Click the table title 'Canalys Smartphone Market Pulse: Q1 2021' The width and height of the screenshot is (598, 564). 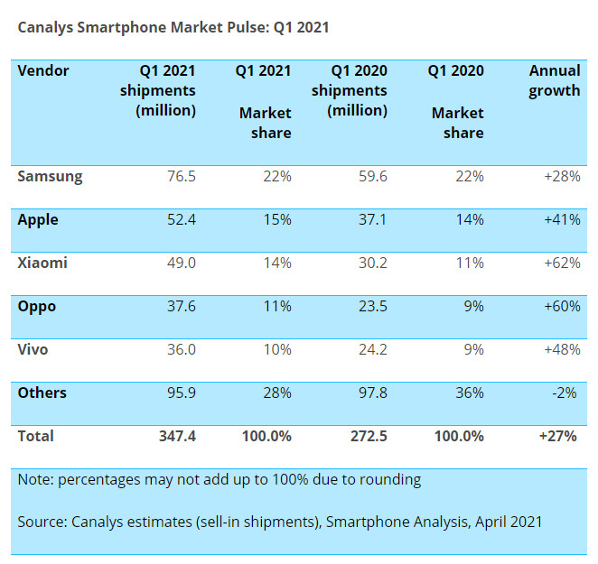pyautogui.click(x=173, y=27)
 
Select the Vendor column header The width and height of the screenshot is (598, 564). pyautogui.click(x=43, y=71)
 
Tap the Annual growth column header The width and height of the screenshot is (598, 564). pyautogui.click(x=554, y=81)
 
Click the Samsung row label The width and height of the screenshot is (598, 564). pyautogui.click(x=50, y=177)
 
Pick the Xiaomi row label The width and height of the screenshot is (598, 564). pyautogui.click(x=42, y=264)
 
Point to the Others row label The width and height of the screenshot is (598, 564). pyautogui.click(x=42, y=393)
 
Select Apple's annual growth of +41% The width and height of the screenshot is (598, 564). pyautogui.click(x=562, y=220)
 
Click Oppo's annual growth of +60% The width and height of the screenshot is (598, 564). pyautogui.click(x=562, y=307)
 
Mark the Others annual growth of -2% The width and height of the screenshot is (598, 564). pyautogui.click(x=566, y=393)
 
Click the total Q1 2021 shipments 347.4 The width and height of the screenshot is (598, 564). pyautogui.click(x=177, y=437)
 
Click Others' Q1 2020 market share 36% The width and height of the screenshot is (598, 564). pyautogui.click(x=468, y=393)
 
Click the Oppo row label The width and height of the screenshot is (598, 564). pyautogui.click(x=37, y=307)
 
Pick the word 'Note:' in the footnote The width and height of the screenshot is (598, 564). pyautogui.click(x=35, y=480)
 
